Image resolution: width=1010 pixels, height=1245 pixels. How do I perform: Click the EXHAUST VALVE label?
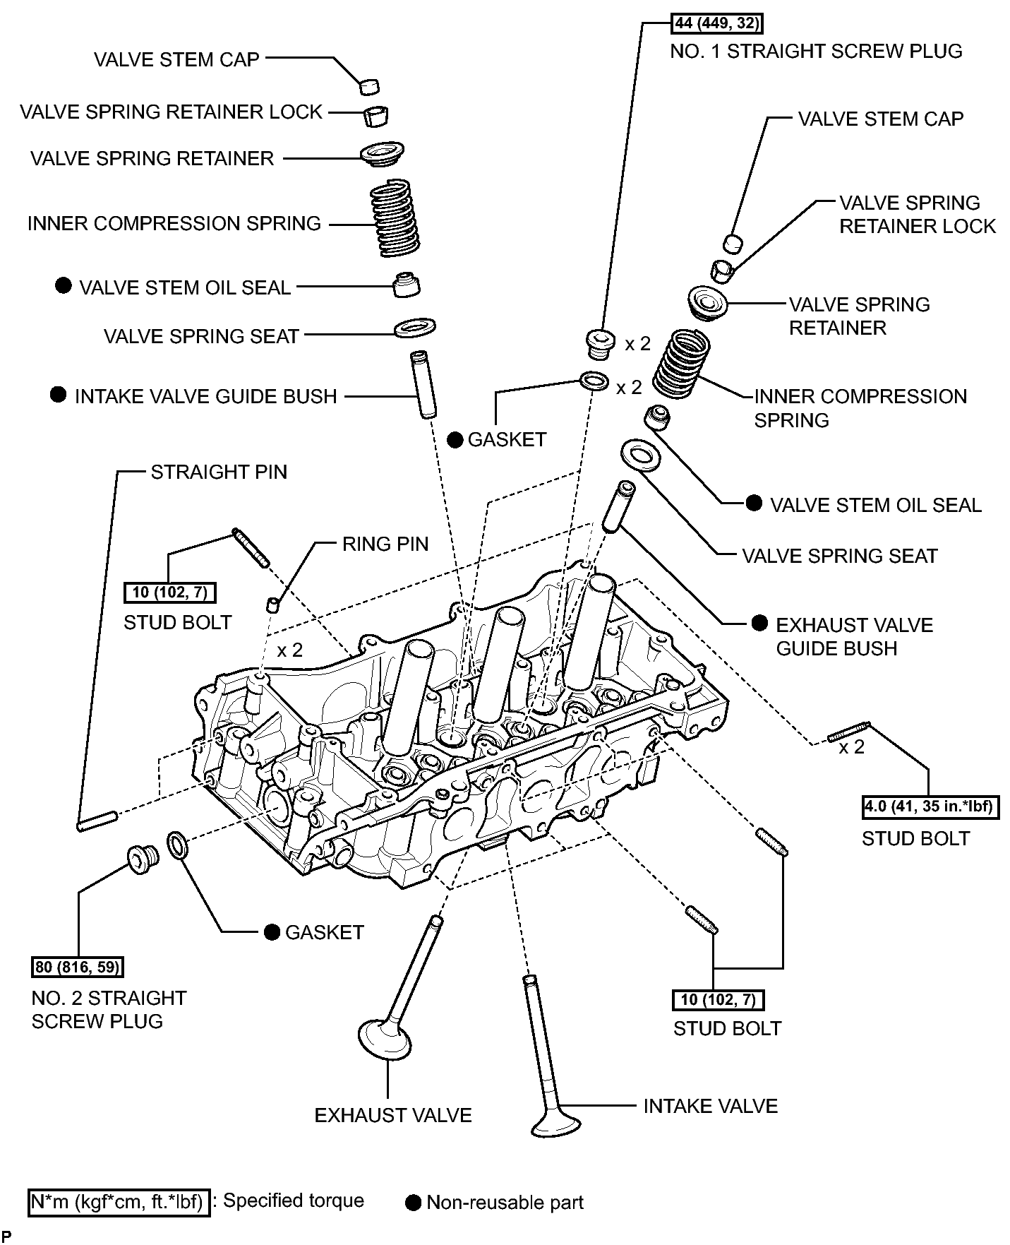[393, 1115]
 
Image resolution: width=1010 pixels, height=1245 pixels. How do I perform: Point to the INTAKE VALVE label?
[710, 1106]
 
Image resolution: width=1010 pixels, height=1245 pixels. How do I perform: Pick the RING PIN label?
[385, 544]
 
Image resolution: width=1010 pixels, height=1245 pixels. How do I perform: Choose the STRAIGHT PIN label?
[219, 472]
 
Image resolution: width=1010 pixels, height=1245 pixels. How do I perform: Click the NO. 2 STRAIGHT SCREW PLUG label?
[109, 1009]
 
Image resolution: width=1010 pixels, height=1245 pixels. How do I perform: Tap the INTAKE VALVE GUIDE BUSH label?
[206, 396]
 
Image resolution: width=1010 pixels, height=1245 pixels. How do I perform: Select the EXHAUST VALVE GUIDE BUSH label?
[854, 636]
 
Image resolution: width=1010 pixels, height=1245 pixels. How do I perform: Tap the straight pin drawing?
[97, 821]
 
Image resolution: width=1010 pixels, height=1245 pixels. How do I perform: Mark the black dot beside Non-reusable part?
[414, 1203]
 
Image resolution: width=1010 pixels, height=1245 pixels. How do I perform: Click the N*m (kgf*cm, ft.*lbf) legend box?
[119, 1202]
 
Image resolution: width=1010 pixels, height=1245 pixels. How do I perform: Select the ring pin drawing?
[273, 604]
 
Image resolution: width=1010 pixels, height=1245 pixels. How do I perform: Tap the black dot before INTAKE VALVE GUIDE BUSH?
[59, 395]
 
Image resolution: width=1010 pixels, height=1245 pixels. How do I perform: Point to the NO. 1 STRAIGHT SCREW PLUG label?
[816, 52]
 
